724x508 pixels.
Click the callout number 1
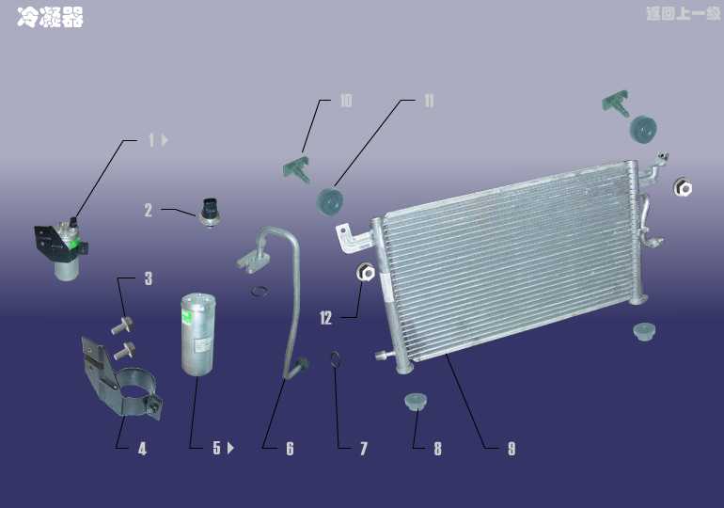pos(152,140)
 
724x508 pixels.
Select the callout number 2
pos(149,210)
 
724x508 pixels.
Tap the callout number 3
pos(149,278)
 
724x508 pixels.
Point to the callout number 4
pos(142,449)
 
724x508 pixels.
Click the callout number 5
pos(216,448)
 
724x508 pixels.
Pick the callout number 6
pos(290,449)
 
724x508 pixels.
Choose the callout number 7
pos(364,449)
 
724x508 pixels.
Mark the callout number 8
pos(437,449)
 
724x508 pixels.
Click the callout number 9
pos(512,449)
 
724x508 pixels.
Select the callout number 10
pos(346,101)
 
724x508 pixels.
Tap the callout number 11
pos(429,101)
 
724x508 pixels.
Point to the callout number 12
pos(325,318)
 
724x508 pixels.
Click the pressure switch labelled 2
pos(210,212)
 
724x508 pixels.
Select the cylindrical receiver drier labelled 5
pos(198,333)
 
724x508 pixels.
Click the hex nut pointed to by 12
pos(366,273)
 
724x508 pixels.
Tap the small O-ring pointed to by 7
pos(337,359)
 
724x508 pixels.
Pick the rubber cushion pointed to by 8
pos(416,402)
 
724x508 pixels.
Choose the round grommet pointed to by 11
pos(330,201)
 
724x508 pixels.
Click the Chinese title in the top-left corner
pos(50,17)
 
